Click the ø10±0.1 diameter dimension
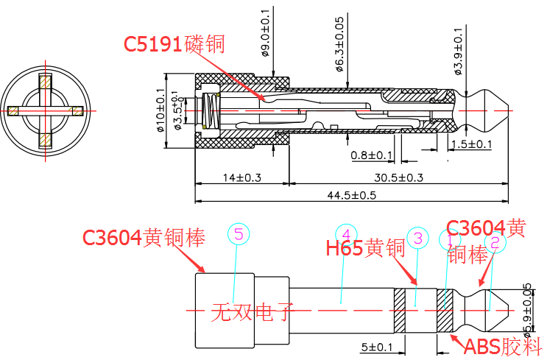[160, 110]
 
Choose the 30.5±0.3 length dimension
[398, 177]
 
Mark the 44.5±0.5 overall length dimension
[351, 195]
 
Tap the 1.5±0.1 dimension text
[471, 144]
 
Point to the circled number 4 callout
[345, 234]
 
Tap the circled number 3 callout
[417, 238]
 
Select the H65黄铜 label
[365, 247]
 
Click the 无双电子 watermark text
[253, 314]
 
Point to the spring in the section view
[211, 111]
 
